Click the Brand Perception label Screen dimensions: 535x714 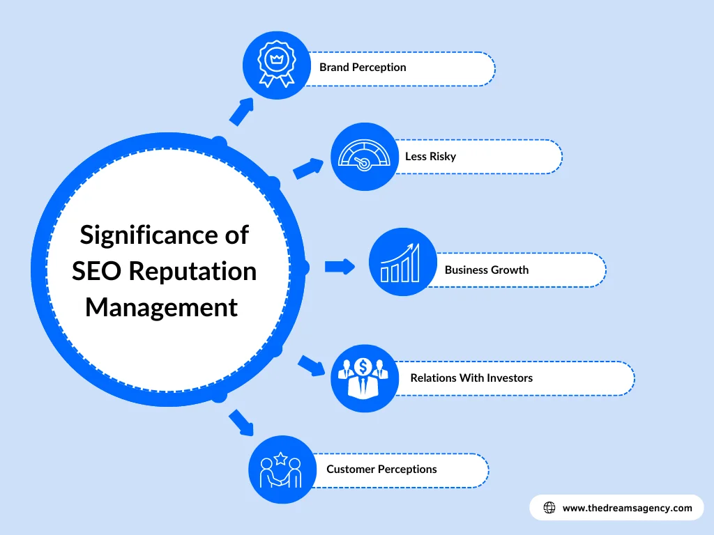pos(363,68)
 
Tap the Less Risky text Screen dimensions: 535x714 pos(430,156)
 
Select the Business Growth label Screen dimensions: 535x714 pos(487,270)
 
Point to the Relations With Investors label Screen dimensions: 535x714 pos(471,378)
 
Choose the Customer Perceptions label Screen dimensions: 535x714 pos(381,469)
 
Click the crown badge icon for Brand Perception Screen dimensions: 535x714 pos(277,65)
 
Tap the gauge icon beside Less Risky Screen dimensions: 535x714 pos(363,157)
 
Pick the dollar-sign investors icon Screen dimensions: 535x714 pos(363,378)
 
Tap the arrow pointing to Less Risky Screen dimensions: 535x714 pos(308,168)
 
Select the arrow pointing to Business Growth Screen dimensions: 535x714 pos(340,266)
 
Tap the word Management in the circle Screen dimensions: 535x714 pos(161,307)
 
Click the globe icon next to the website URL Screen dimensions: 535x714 pos(549,508)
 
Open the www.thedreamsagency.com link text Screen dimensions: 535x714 pos(627,508)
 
